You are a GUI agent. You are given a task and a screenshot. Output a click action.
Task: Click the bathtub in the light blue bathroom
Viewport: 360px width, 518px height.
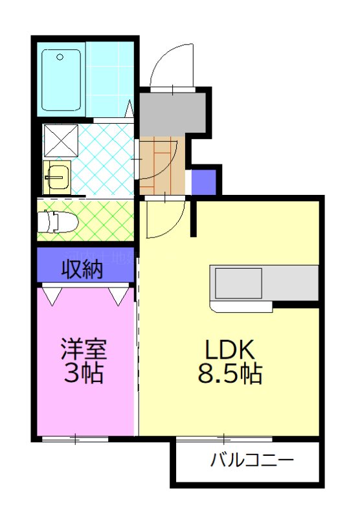[62, 80]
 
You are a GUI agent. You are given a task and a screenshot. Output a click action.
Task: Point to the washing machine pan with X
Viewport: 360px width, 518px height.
[60, 141]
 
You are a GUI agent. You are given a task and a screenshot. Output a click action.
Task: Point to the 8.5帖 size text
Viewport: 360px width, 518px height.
[232, 374]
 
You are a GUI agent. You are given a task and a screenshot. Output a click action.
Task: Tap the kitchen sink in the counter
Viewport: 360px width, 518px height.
[238, 283]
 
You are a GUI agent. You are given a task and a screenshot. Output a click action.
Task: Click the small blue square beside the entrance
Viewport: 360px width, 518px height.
[203, 182]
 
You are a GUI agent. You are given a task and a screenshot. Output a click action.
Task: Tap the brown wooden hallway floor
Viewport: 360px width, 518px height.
[162, 165]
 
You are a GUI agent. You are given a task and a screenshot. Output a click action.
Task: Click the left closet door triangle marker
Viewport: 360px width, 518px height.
[52, 297]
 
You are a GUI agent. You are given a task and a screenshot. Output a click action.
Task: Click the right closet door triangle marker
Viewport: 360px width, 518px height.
[119, 297]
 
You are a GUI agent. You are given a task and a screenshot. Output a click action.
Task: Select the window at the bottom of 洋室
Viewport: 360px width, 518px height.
[74, 440]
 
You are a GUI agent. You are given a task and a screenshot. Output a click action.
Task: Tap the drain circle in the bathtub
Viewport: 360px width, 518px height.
[60, 57]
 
